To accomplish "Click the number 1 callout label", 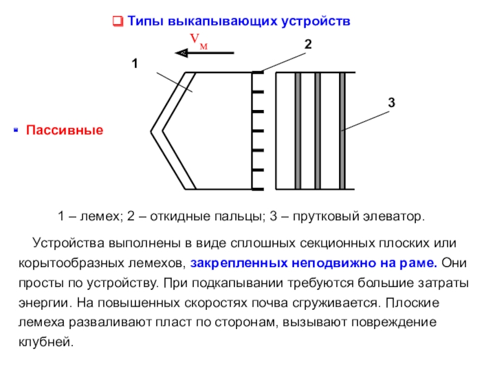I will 134,64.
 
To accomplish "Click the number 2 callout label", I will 308,45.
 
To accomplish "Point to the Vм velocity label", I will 198,41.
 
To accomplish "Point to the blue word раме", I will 422,262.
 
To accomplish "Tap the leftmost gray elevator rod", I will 298,130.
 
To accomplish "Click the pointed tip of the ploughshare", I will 152,130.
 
